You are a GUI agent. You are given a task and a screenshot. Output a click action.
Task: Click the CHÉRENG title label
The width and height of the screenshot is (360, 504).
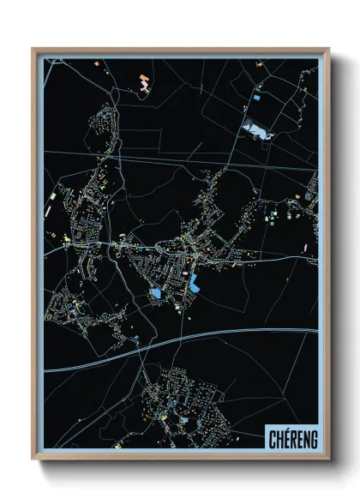click(x=291, y=437)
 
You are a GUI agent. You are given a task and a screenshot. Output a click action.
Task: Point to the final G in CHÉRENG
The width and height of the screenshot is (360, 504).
click(x=313, y=437)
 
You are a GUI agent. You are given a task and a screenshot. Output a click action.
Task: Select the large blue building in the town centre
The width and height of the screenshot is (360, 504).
click(x=197, y=284)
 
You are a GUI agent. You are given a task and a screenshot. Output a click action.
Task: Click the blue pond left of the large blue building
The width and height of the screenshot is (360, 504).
click(x=157, y=293)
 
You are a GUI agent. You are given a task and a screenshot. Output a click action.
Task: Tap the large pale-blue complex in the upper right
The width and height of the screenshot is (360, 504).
click(x=257, y=131)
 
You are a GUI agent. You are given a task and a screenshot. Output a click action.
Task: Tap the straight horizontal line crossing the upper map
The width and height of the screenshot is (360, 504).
click(x=214, y=163)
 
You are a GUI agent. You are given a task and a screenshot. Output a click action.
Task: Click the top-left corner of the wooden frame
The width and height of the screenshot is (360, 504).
click(x=33, y=49)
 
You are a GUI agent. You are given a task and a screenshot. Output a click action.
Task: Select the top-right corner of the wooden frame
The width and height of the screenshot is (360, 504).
click(x=328, y=49)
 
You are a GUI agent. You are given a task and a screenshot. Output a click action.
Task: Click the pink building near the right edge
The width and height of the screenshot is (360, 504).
click(x=306, y=248)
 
